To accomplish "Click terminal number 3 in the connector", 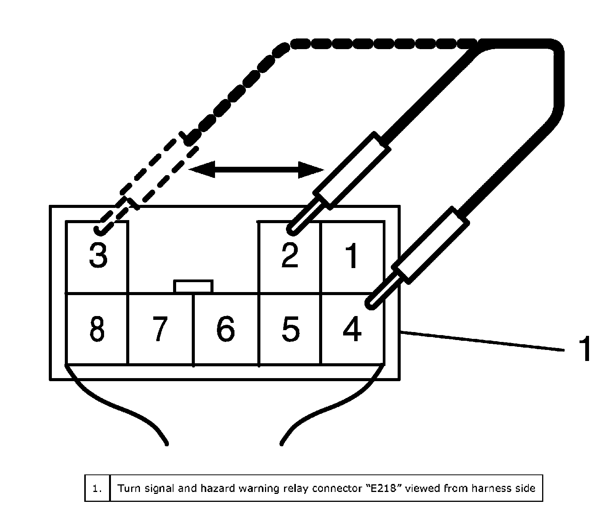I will click(x=98, y=255).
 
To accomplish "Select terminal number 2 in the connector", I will click(x=289, y=255).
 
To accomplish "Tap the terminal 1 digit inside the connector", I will click(x=352, y=256).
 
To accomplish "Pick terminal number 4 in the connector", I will click(x=352, y=329).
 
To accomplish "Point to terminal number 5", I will click(x=290, y=329).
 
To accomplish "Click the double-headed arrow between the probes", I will click(x=256, y=169).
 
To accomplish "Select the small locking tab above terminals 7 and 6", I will click(x=193, y=286).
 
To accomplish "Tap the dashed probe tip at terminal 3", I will click(x=100, y=228).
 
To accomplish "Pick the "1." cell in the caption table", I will click(x=98, y=488).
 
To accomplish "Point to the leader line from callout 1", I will click(x=482, y=341).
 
